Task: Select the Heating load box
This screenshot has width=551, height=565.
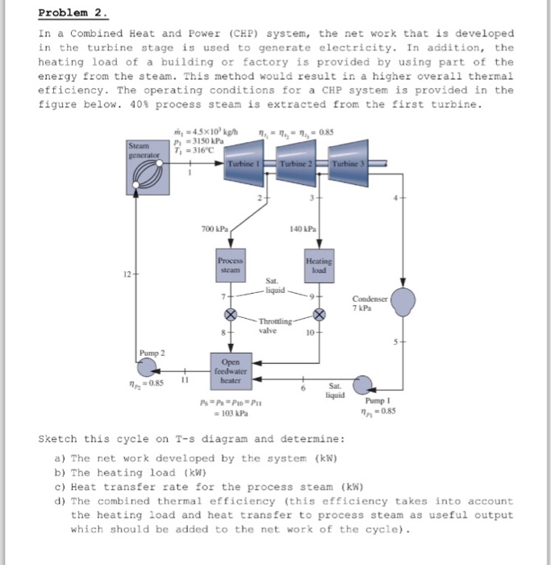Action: click(319, 267)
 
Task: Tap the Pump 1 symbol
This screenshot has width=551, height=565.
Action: click(365, 385)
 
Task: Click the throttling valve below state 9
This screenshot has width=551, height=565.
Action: click(319, 313)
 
